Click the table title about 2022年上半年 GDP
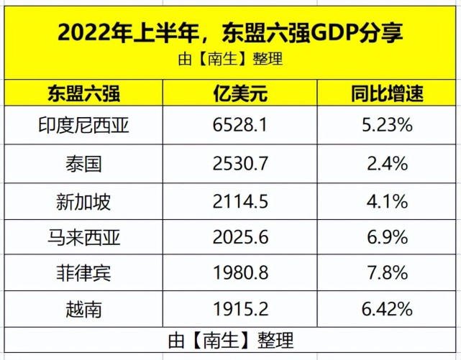230,32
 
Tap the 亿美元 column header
240,93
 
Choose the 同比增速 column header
387,93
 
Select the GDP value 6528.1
240,126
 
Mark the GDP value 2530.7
240,163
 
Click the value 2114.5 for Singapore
240,200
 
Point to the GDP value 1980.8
240,273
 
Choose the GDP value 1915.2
240,309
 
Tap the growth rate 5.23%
387,126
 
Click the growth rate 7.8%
387,273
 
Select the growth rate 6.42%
387,309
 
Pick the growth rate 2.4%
387,163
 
